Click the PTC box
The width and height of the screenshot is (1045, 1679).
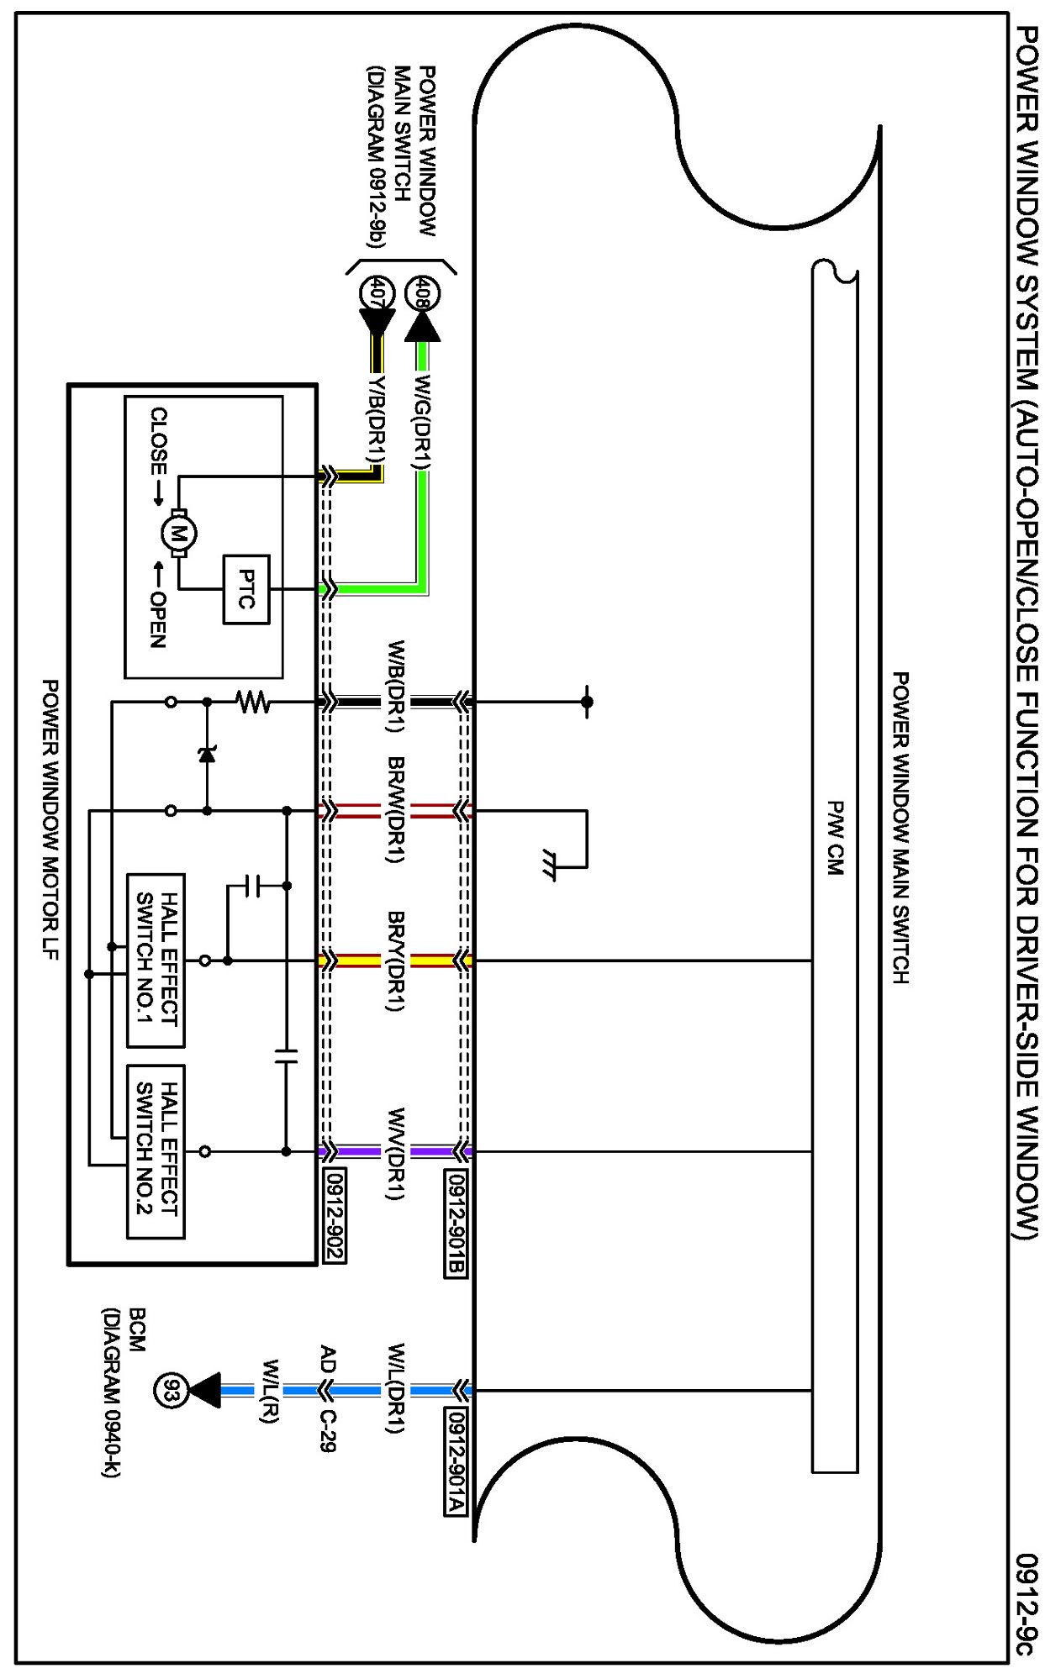click(246, 589)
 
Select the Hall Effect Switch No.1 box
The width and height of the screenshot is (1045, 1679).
click(156, 960)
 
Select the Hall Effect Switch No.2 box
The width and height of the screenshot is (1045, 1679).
click(156, 1151)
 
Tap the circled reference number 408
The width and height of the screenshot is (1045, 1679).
click(422, 293)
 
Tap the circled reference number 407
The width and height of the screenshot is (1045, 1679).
click(377, 293)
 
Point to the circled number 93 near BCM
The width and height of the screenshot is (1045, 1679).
click(171, 1391)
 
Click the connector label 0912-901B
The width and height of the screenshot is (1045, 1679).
click(455, 1224)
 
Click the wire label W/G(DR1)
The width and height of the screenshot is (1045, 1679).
click(422, 421)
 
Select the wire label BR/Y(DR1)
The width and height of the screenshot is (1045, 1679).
click(397, 961)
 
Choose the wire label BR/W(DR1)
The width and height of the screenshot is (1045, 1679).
click(397, 810)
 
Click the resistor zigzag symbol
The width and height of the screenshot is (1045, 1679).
click(253, 701)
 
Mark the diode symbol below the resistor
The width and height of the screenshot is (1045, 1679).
click(207, 754)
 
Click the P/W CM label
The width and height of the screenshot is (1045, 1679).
click(835, 837)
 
